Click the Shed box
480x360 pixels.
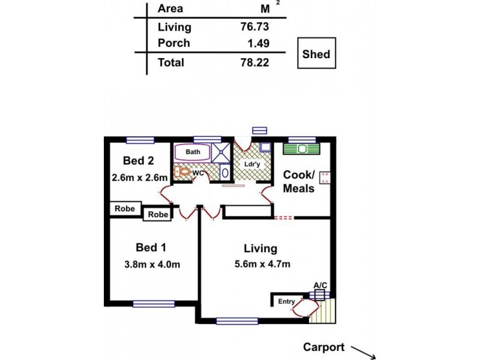point(316,55)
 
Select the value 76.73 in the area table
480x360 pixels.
point(254,27)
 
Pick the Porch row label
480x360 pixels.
point(173,43)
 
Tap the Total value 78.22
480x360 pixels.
point(254,62)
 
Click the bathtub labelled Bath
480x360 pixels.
point(193,152)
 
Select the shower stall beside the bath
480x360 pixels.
point(221,152)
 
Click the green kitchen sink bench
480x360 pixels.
point(303,148)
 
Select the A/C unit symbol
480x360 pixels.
point(319,294)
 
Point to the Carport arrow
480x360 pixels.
point(364,351)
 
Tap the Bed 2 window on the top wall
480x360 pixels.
point(141,140)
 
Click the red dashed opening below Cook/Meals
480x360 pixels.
point(283,217)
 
